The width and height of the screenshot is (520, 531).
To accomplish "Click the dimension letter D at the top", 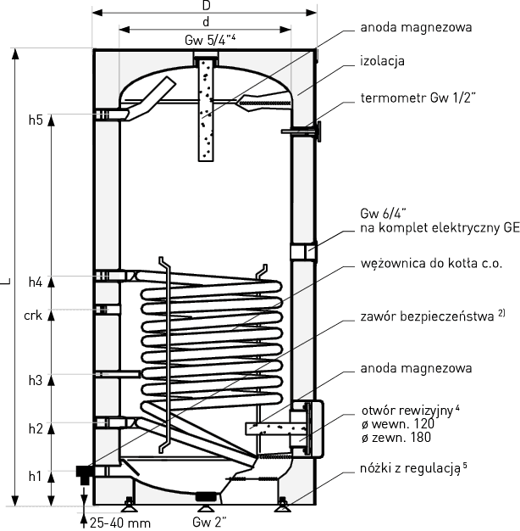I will point(206,7).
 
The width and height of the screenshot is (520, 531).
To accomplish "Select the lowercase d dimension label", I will point(206,22).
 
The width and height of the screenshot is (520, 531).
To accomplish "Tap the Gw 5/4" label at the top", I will point(206,41).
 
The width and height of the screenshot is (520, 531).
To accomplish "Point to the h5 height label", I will point(35,120).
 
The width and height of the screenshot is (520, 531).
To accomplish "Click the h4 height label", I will point(35,282).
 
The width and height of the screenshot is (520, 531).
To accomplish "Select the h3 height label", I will point(35,381).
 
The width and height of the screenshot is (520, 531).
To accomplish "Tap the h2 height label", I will point(35,429).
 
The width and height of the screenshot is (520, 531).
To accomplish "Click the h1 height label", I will point(35,477).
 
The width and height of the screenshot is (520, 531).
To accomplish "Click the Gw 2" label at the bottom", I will point(207,521).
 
